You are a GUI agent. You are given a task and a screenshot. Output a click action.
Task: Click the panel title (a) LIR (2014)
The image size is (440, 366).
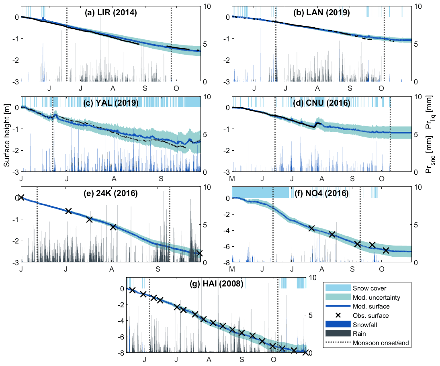[111, 13]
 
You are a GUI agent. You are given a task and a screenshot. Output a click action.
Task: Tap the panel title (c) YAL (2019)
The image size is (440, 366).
[111, 103]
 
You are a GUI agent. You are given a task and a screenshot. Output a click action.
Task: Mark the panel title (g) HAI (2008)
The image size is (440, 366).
[217, 284]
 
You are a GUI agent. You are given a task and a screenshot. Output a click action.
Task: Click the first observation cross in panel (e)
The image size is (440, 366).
[21, 197]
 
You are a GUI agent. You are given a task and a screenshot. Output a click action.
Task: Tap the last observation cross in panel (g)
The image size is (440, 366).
[305, 352]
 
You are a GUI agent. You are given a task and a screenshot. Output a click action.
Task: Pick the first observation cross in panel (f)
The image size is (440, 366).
[311, 228]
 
